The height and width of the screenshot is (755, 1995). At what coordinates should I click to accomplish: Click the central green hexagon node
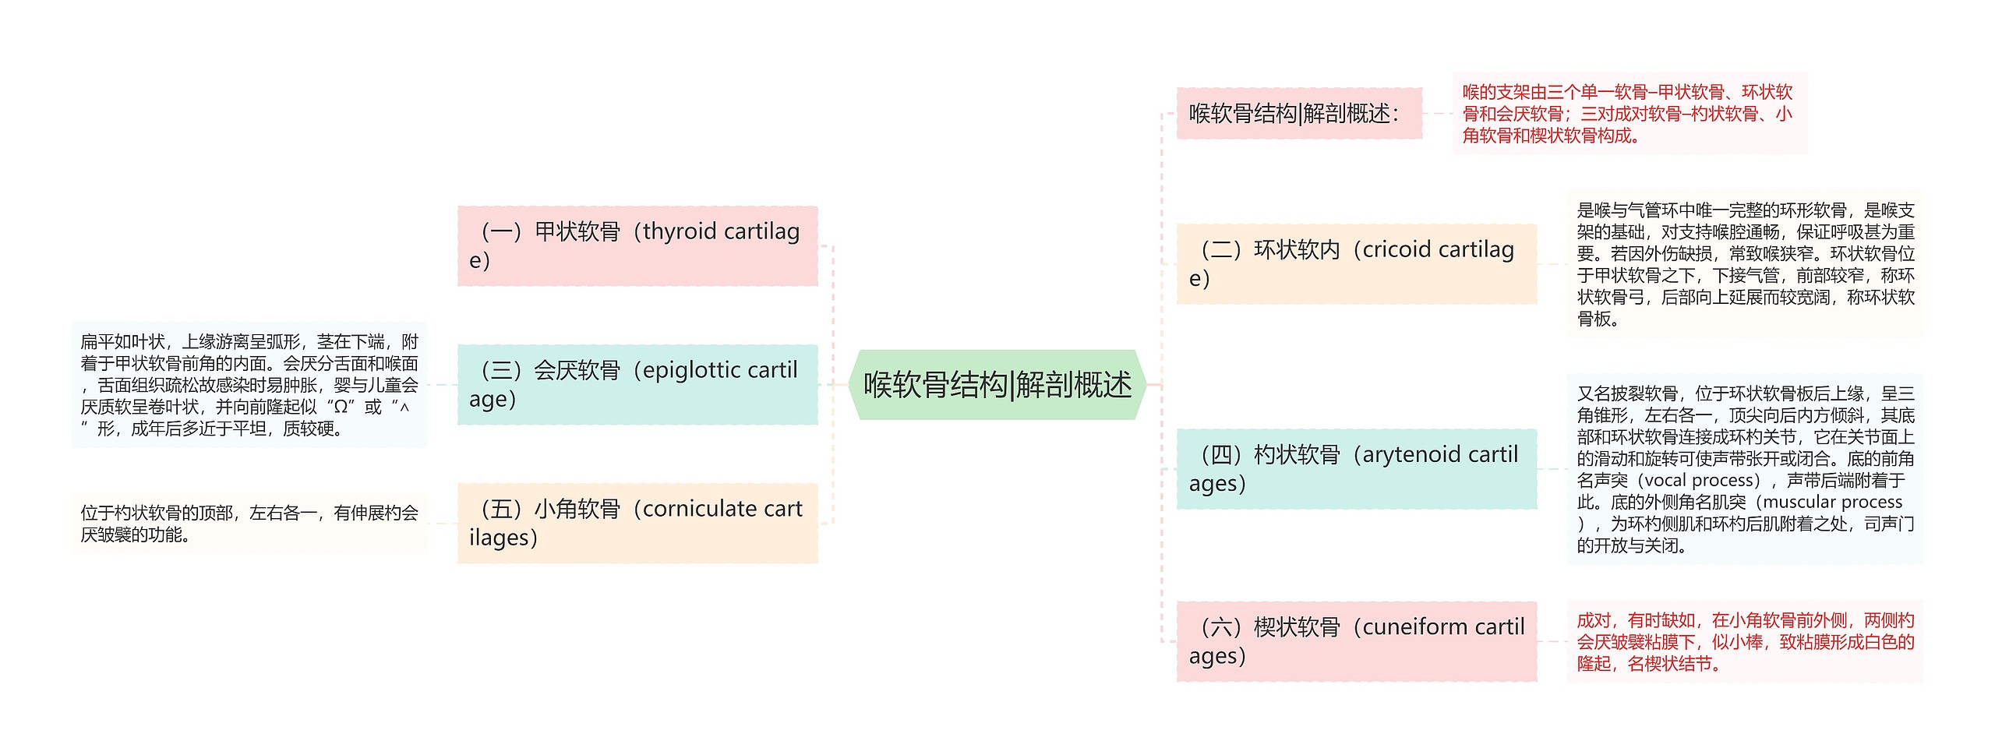tap(997, 385)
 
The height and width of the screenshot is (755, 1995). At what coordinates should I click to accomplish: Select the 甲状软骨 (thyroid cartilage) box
tap(637, 245)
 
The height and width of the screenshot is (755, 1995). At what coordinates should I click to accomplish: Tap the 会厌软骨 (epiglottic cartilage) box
tap(637, 384)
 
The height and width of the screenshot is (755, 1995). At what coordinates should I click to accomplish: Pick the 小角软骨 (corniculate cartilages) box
tap(637, 523)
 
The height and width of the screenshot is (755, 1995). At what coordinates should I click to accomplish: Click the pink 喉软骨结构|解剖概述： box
tap(1298, 114)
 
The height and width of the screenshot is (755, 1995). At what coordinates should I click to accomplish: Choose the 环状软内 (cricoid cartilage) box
tap(1356, 263)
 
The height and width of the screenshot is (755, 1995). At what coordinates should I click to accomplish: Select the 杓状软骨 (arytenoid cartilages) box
tap(1356, 468)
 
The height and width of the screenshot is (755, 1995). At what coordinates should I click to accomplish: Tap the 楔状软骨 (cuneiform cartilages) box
tap(1356, 641)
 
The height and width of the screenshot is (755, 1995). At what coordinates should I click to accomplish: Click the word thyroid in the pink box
tap(679, 231)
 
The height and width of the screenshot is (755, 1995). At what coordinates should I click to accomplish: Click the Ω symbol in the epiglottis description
tap(340, 407)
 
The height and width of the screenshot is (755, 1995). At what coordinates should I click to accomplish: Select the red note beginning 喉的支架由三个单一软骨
tap(1628, 114)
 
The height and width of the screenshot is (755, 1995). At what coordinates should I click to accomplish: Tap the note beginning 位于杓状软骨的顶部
tap(249, 524)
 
